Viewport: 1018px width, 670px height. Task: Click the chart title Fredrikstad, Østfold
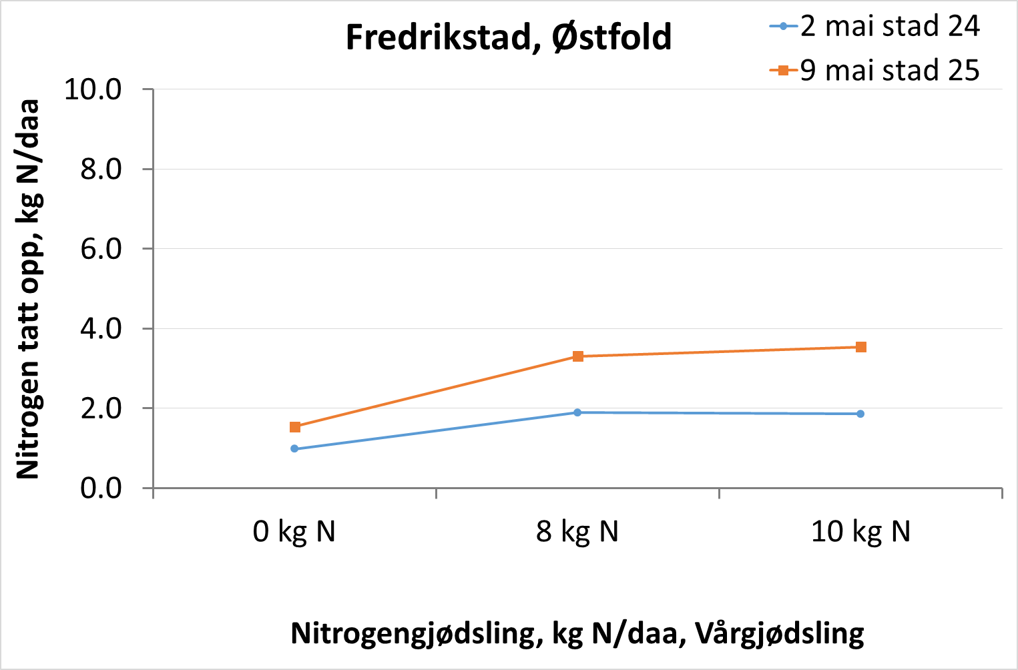pos(509,37)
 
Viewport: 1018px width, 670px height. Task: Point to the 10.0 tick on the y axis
pos(93,89)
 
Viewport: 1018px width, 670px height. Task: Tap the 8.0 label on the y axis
pos(101,169)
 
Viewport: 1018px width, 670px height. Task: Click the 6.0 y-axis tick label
pos(101,248)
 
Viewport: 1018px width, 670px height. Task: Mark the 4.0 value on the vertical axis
pos(101,328)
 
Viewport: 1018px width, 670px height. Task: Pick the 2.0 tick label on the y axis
pos(101,408)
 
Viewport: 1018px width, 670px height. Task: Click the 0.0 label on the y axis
pos(101,488)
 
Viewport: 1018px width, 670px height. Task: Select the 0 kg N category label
pos(294,532)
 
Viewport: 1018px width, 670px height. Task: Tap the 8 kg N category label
pos(577,532)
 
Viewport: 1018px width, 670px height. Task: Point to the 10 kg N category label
pos(860,532)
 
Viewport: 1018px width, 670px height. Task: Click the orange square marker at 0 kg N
pos(295,427)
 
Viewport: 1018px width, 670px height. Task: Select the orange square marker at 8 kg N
pos(578,356)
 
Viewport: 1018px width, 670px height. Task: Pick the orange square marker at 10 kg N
pos(861,347)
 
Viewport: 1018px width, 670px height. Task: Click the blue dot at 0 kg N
pos(294,449)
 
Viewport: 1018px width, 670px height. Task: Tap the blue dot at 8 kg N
pos(577,412)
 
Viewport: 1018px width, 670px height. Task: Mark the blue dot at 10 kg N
pos(860,414)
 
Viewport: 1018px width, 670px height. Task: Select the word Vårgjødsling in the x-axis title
pos(780,633)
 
